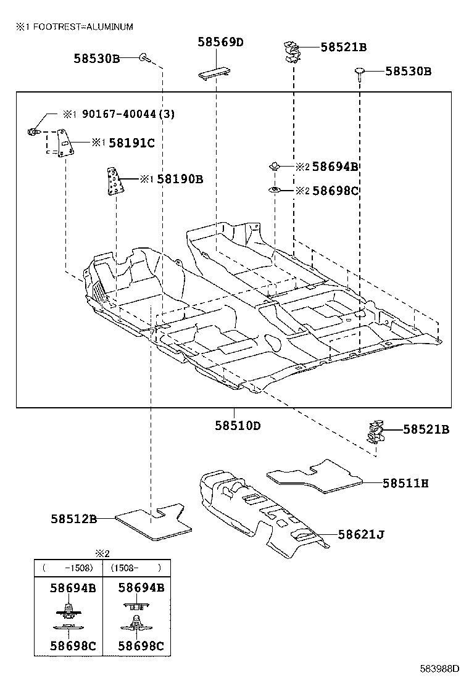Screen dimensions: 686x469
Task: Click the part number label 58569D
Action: (x=220, y=42)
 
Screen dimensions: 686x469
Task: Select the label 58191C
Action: (x=131, y=143)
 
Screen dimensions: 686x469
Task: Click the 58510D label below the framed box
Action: (x=238, y=425)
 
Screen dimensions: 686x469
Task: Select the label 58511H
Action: (x=405, y=483)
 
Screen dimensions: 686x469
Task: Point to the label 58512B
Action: (x=73, y=519)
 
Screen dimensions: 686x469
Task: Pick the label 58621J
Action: (x=360, y=534)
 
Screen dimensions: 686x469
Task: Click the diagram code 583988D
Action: (x=440, y=668)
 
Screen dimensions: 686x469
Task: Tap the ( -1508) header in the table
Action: (x=67, y=568)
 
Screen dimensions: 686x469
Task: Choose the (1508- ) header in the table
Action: (x=135, y=568)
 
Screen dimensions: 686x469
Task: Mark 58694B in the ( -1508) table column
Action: (x=73, y=588)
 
